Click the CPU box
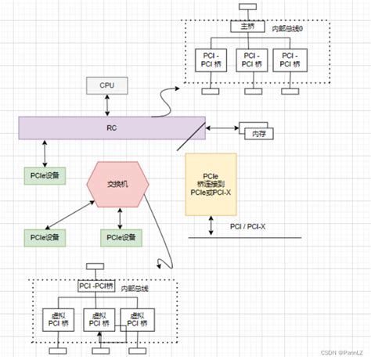tap(106, 85)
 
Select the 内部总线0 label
tap(286, 28)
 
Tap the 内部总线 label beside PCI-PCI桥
tap(135, 287)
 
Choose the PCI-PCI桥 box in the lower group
tap(95, 286)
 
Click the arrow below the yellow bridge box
tap(212, 226)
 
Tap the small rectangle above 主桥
tap(243, 7)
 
